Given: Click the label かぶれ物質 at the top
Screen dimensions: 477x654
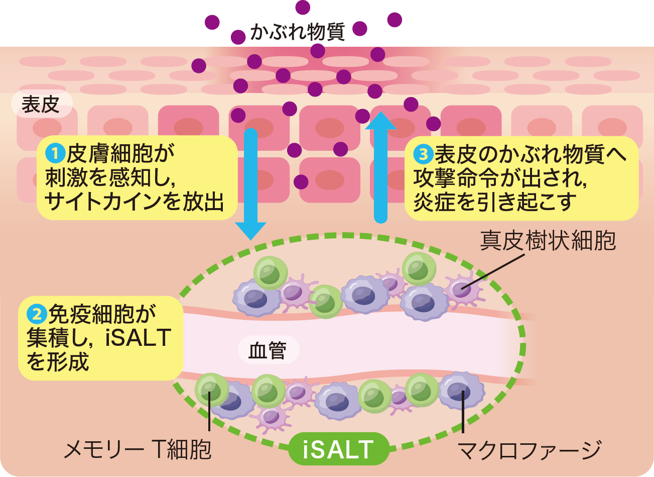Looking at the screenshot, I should pos(297,32).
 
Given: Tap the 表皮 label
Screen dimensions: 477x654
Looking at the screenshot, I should pos(41,105).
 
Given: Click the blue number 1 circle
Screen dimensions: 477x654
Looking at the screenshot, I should pos(55,152).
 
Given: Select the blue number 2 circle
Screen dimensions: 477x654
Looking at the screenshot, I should pos(37,314).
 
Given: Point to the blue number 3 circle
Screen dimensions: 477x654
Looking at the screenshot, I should pos(423,153).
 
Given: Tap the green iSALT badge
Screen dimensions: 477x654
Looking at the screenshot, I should pos(338,449).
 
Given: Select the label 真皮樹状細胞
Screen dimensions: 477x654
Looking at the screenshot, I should pos(548,241).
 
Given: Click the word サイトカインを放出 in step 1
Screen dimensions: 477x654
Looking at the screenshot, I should pos(134,202).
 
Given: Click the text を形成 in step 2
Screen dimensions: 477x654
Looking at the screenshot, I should pos(58,361).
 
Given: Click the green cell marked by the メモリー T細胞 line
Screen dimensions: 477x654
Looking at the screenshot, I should pos(211,389).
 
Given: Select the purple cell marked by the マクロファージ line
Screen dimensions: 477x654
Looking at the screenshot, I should pos(461,390).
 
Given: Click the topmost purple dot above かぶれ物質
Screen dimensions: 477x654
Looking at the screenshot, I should pos(303,7).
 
